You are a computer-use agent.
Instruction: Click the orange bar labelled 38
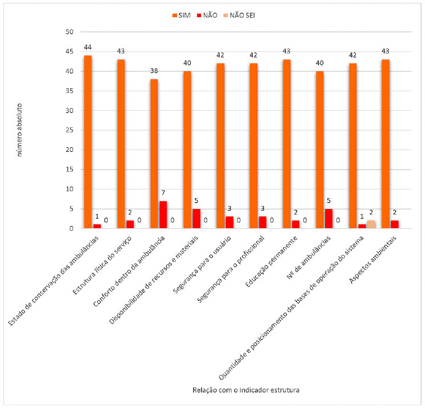click(154, 153)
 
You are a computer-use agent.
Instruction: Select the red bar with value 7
click(163, 215)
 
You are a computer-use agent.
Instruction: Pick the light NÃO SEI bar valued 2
click(371, 224)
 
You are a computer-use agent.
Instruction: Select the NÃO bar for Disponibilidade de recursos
click(197, 219)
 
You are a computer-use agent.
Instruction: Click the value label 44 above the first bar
click(87, 47)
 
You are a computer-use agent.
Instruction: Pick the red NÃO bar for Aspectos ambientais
click(395, 224)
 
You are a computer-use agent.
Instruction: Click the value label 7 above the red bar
click(163, 193)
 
